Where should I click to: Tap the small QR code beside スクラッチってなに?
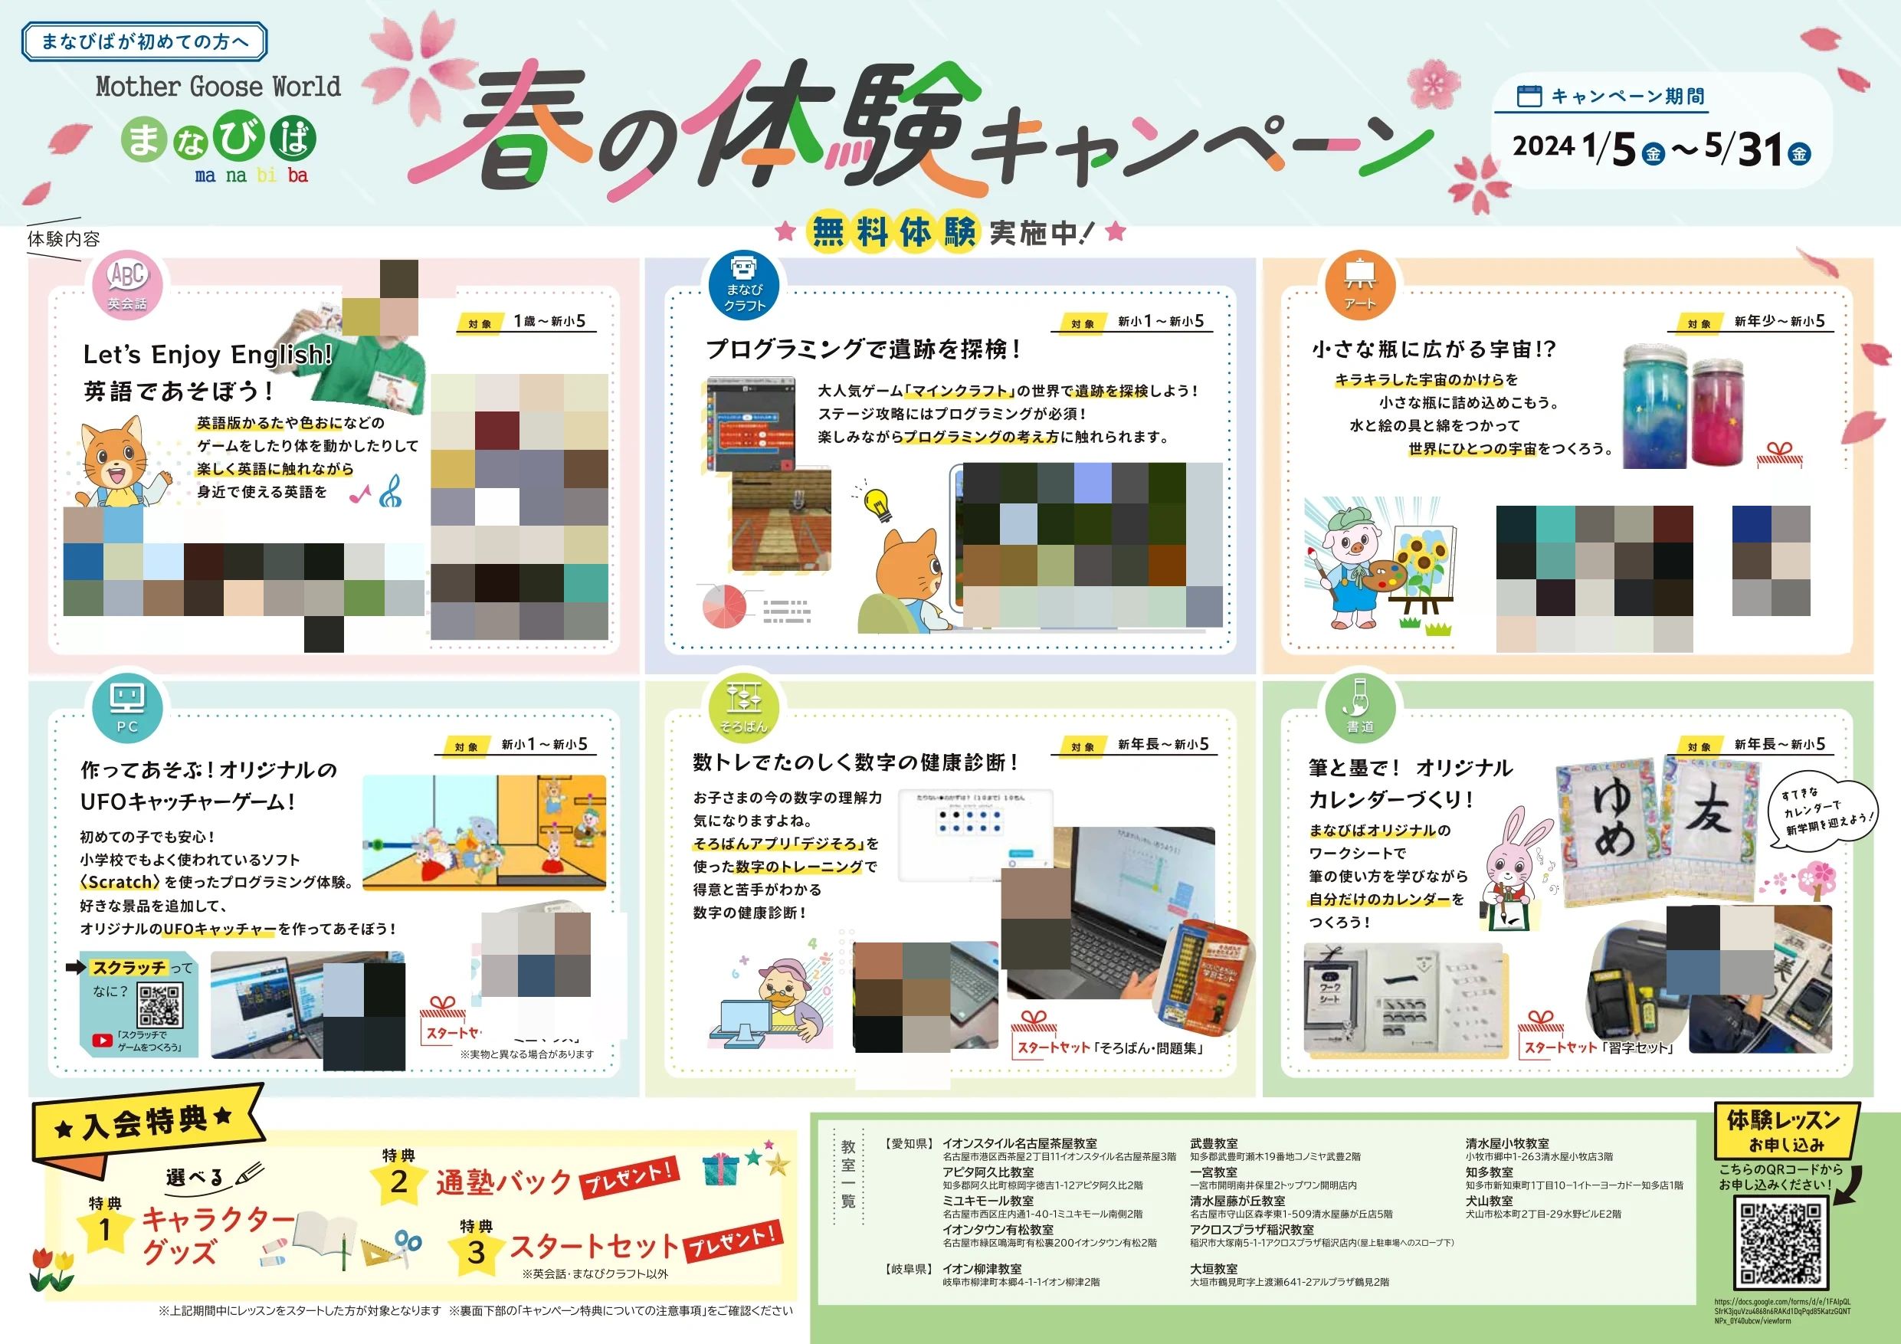[x=160, y=1006]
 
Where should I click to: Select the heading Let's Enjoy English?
[x=207, y=356]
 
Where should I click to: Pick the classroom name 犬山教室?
[x=1489, y=1200]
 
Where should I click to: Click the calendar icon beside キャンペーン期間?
[x=1529, y=96]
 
